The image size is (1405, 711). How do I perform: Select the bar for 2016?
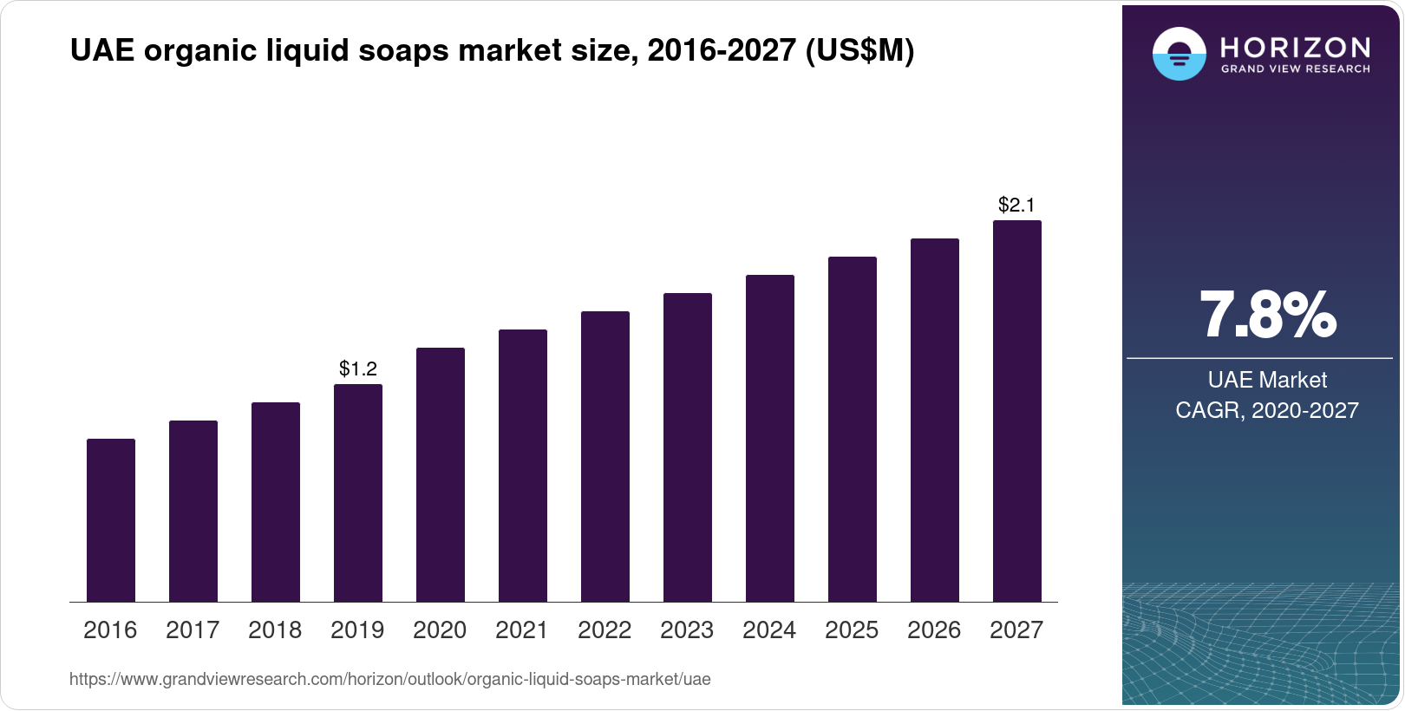(111, 520)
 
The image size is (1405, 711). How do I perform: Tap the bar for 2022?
(605, 456)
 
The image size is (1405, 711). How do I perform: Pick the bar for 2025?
(853, 429)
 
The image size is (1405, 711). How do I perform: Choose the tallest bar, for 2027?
(1017, 411)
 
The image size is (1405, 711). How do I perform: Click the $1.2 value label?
(358, 369)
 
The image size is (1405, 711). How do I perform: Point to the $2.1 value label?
(1016, 205)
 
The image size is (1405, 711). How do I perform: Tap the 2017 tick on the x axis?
(193, 630)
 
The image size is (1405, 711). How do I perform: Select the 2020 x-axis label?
(440, 630)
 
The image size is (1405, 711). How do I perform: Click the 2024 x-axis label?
(769, 630)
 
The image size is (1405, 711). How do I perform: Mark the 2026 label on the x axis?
(934, 630)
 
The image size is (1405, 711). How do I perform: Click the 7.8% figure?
(1267, 316)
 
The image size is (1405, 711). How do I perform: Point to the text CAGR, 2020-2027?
(1267, 410)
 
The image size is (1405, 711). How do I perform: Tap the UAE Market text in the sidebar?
(1267, 380)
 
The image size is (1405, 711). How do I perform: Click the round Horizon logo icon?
(1179, 54)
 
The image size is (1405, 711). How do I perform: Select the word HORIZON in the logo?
(1296, 47)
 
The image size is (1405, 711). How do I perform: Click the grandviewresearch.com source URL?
(389, 680)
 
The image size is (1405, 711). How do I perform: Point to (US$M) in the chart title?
(859, 51)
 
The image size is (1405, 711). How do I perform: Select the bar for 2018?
(276, 502)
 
